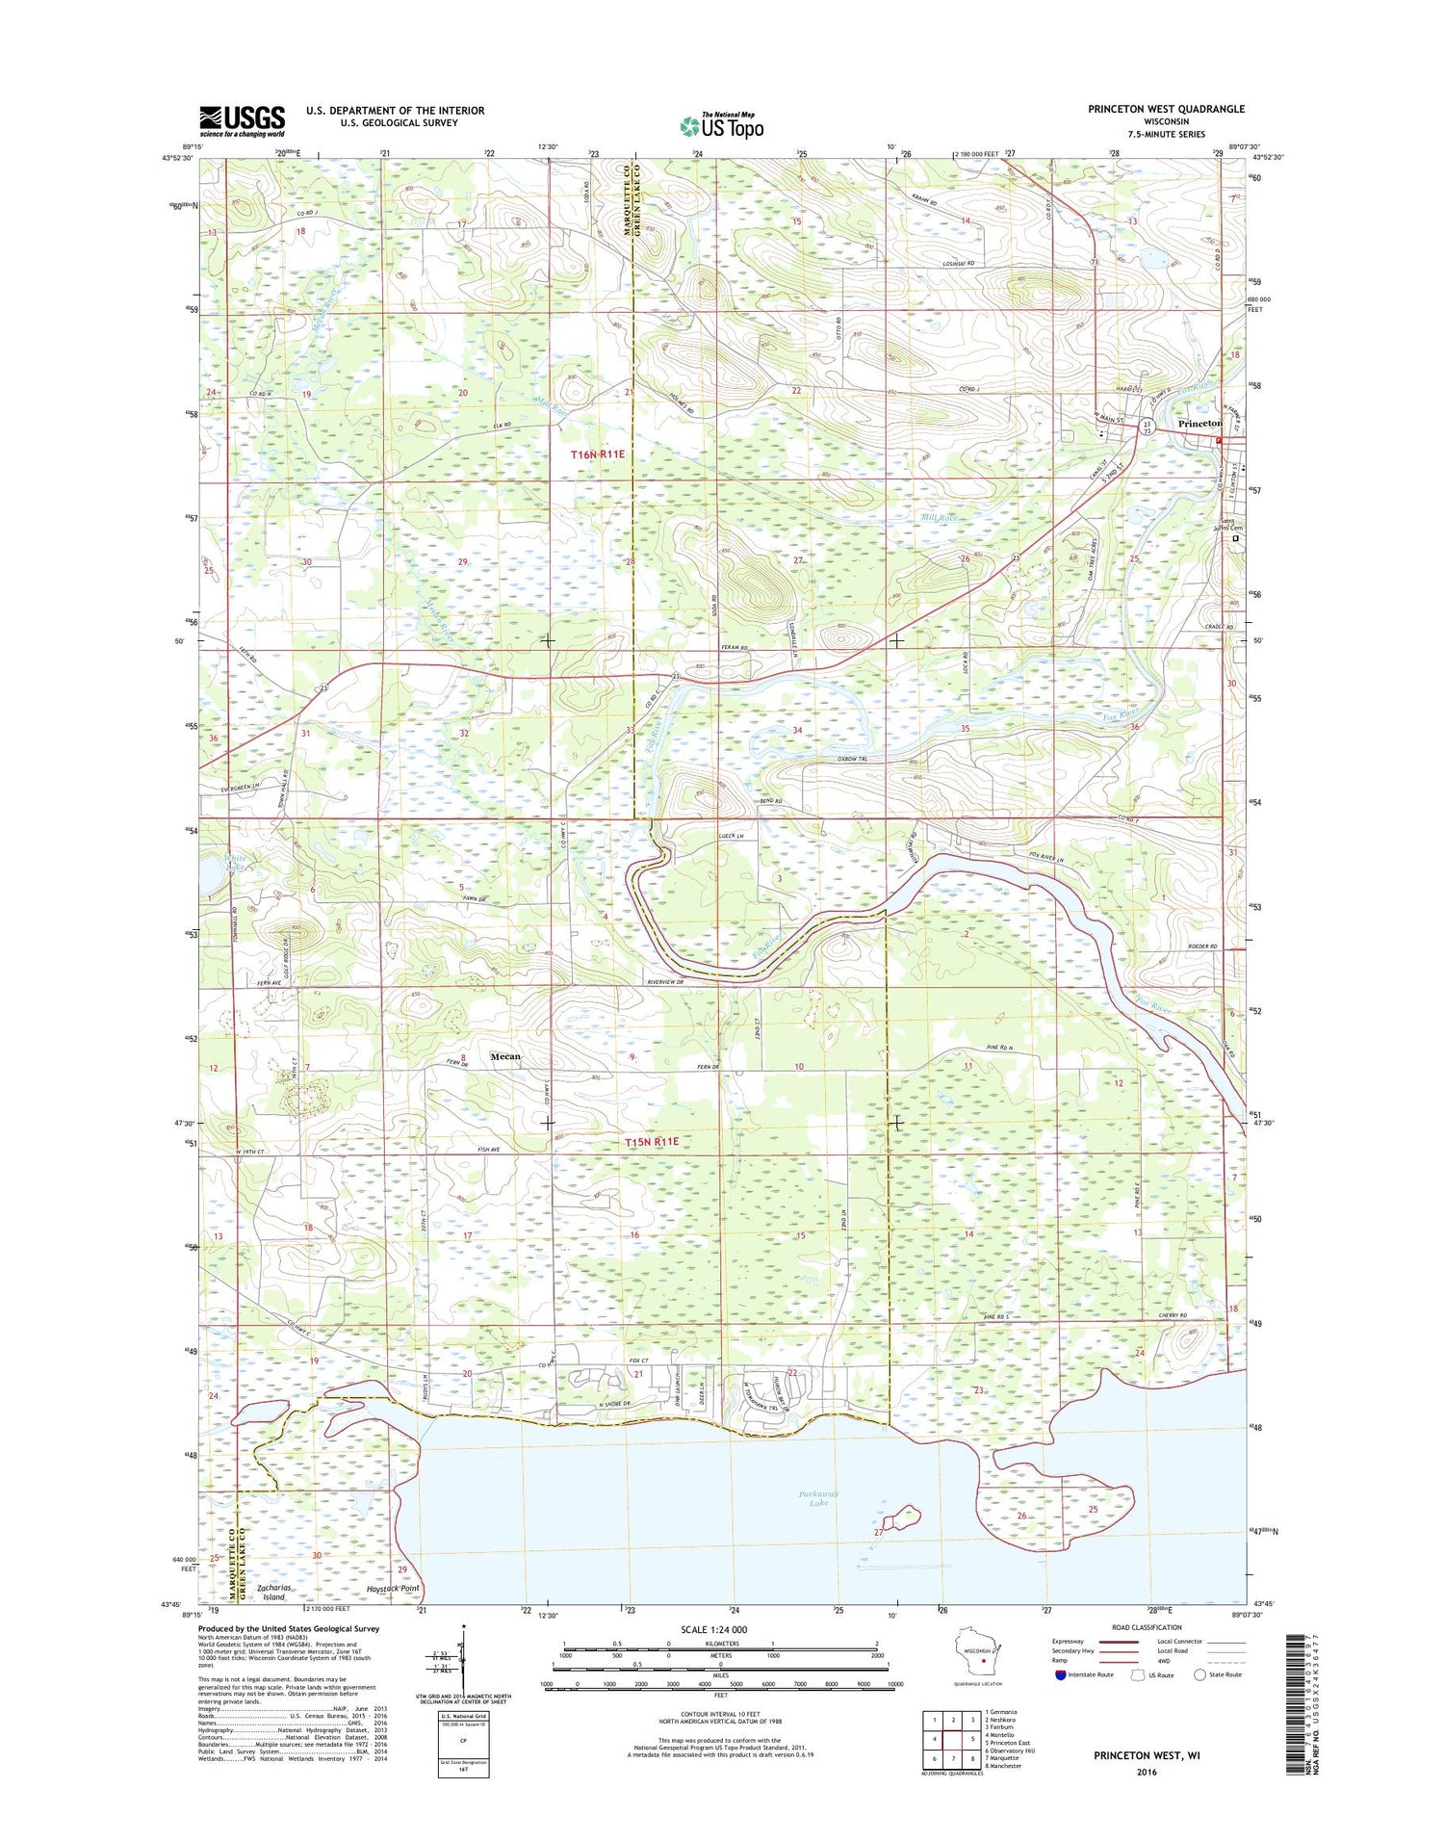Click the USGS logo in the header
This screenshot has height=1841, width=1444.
tap(242, 119)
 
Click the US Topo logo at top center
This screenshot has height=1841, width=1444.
tap(722, 125)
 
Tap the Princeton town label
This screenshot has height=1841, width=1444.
tap(1199, 424)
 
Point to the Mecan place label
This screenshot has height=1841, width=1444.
tap(505, 1056)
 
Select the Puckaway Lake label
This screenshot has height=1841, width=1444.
tap(818, 1498)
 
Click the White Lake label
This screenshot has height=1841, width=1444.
tap(235, 863)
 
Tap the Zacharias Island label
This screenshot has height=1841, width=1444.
tap(274, 1592)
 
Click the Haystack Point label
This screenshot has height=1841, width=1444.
tap(386, 1588)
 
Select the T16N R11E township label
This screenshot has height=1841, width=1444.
tap(598, 454)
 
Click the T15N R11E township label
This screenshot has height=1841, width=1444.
tap(652, 1141)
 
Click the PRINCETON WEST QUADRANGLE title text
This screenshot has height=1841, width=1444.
tap(1166, 109)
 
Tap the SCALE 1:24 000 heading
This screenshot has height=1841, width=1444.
tap(713, 1629)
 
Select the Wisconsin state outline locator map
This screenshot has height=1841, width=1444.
tap(976, 1656)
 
